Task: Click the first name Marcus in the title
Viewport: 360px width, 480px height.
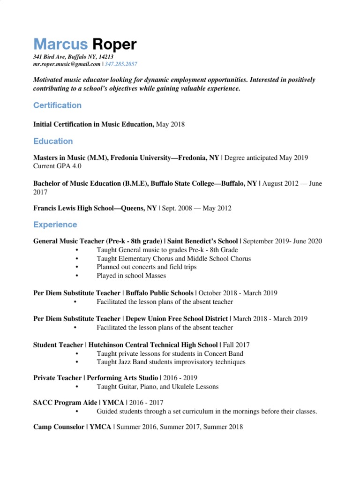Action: tap(60, 45)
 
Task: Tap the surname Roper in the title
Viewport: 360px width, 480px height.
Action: tap(114, 45)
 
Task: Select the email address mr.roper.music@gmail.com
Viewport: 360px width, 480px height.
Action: tap(67, 64)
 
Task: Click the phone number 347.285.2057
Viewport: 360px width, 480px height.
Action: tap(121, 64)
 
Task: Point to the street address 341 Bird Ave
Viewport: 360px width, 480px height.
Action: tap(50, 57)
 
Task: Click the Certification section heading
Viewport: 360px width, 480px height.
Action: tap(57, 105)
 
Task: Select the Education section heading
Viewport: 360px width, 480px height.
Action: tap(53, 141)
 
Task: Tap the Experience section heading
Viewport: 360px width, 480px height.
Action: tap(55, 225)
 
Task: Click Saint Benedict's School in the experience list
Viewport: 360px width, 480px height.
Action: tap(202, 241)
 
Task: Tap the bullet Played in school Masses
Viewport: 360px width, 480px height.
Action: tap(131, 276)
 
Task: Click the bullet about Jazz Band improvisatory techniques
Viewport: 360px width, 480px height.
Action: tap(171, 362)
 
